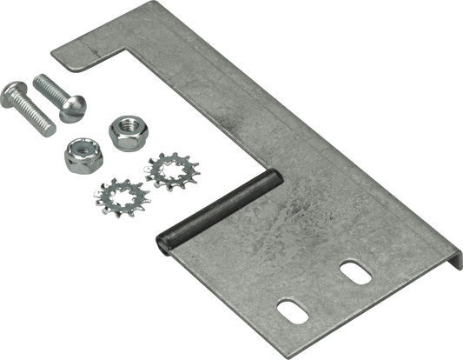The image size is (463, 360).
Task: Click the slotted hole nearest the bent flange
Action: tap(354, 270)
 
